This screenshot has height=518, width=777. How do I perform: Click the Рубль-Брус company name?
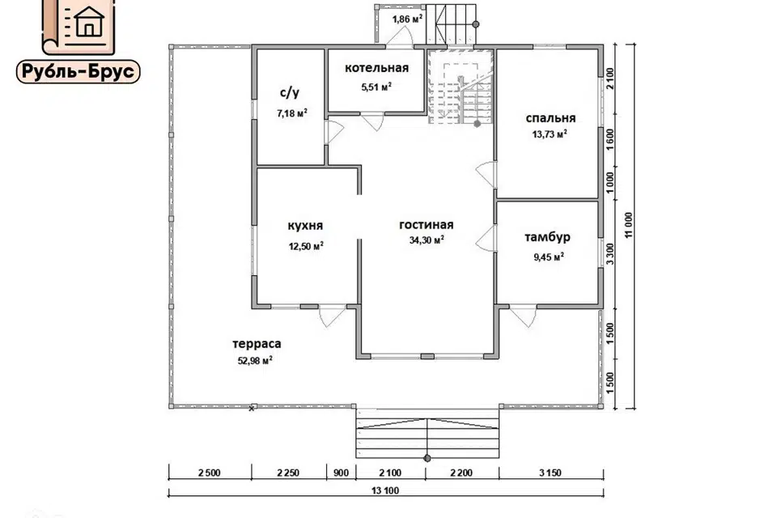point(79,72)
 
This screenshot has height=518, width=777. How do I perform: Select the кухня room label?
point(305,226)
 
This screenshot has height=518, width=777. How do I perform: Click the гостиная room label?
point(427,224)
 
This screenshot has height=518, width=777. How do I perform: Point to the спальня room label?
point(550,118)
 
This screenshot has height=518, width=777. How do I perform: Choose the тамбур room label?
point(548,237)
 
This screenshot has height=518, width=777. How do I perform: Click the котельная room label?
point(376,68)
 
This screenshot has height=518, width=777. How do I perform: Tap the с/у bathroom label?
point(290,93)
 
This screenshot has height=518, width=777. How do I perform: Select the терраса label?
point(257,343)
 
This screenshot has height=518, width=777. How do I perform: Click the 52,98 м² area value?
point(255,360)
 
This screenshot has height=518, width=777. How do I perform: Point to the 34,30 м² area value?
point(427,240)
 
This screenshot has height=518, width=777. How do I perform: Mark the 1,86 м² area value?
point(407,19)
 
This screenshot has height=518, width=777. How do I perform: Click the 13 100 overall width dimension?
point(385,491)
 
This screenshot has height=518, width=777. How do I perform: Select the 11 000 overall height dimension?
point(629,226)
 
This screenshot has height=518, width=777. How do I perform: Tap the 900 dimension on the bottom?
point(341,473)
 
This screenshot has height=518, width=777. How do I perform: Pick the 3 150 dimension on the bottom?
point(550,473)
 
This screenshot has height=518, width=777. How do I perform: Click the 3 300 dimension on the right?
point(610,253)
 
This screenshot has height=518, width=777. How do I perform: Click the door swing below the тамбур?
point(524,316)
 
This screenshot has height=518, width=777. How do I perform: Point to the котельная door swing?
point(372,122)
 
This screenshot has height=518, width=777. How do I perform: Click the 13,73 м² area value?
point(550,134)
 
